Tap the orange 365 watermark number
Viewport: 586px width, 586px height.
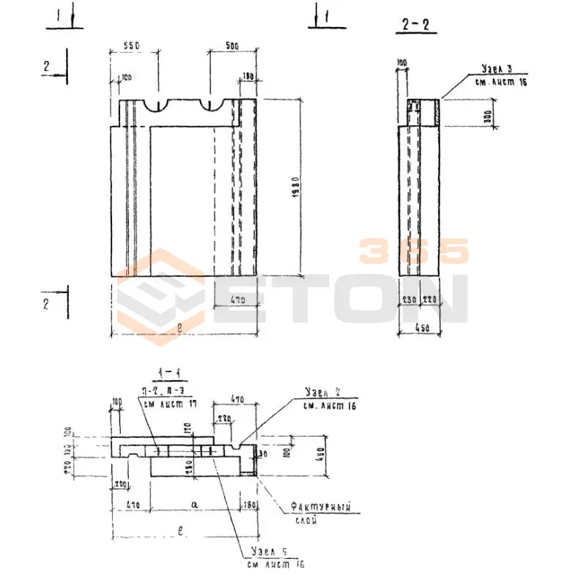click(x=413, y=251)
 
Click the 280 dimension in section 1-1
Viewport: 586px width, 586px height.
click(x=189, y=465)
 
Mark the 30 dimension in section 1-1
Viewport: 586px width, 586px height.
click(x=262, y=454)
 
